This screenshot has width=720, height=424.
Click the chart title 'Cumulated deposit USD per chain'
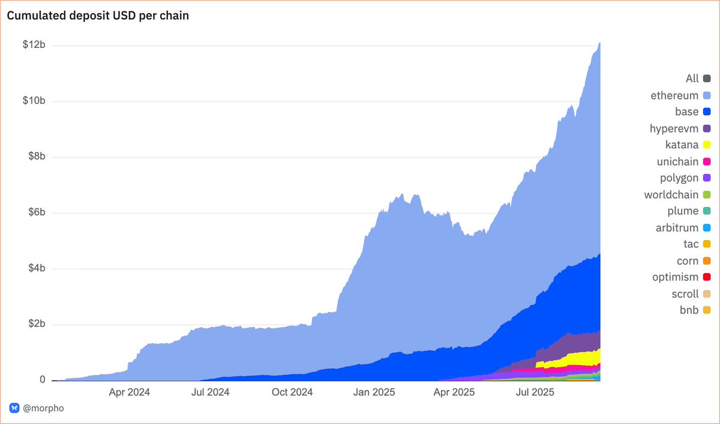pyautogui.click(x=98, y=16)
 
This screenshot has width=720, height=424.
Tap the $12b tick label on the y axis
pyautogui.click(x=35, y=46)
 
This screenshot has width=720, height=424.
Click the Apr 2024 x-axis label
pyautogui.click(x=130, y=393)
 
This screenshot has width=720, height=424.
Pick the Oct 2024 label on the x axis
pyautogui.click(x=292, y=393)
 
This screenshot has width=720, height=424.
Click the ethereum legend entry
pyautogui.click(x=674, y=95)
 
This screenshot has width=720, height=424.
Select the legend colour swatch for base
pyautogui.click(x=707, y=112)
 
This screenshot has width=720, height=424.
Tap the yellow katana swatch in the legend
pyautogui.click(x=707, y=145)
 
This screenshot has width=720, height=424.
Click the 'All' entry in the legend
pyautogui.click(x=692, y=79)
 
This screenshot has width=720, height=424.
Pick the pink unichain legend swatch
pyautogui.click(x=707, y=162)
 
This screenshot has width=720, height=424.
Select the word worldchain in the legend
pyautogui.click(x=671, y=195)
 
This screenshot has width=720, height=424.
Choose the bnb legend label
pyautogui.click(x=689, y=311)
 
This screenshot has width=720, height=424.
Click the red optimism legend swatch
pyautogui.click(x=707, y=278)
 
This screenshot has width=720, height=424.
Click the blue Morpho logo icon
pyautogui.click(x=14, y=408)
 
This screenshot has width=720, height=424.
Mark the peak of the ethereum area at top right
pyautogui.click(x=599, y=43)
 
